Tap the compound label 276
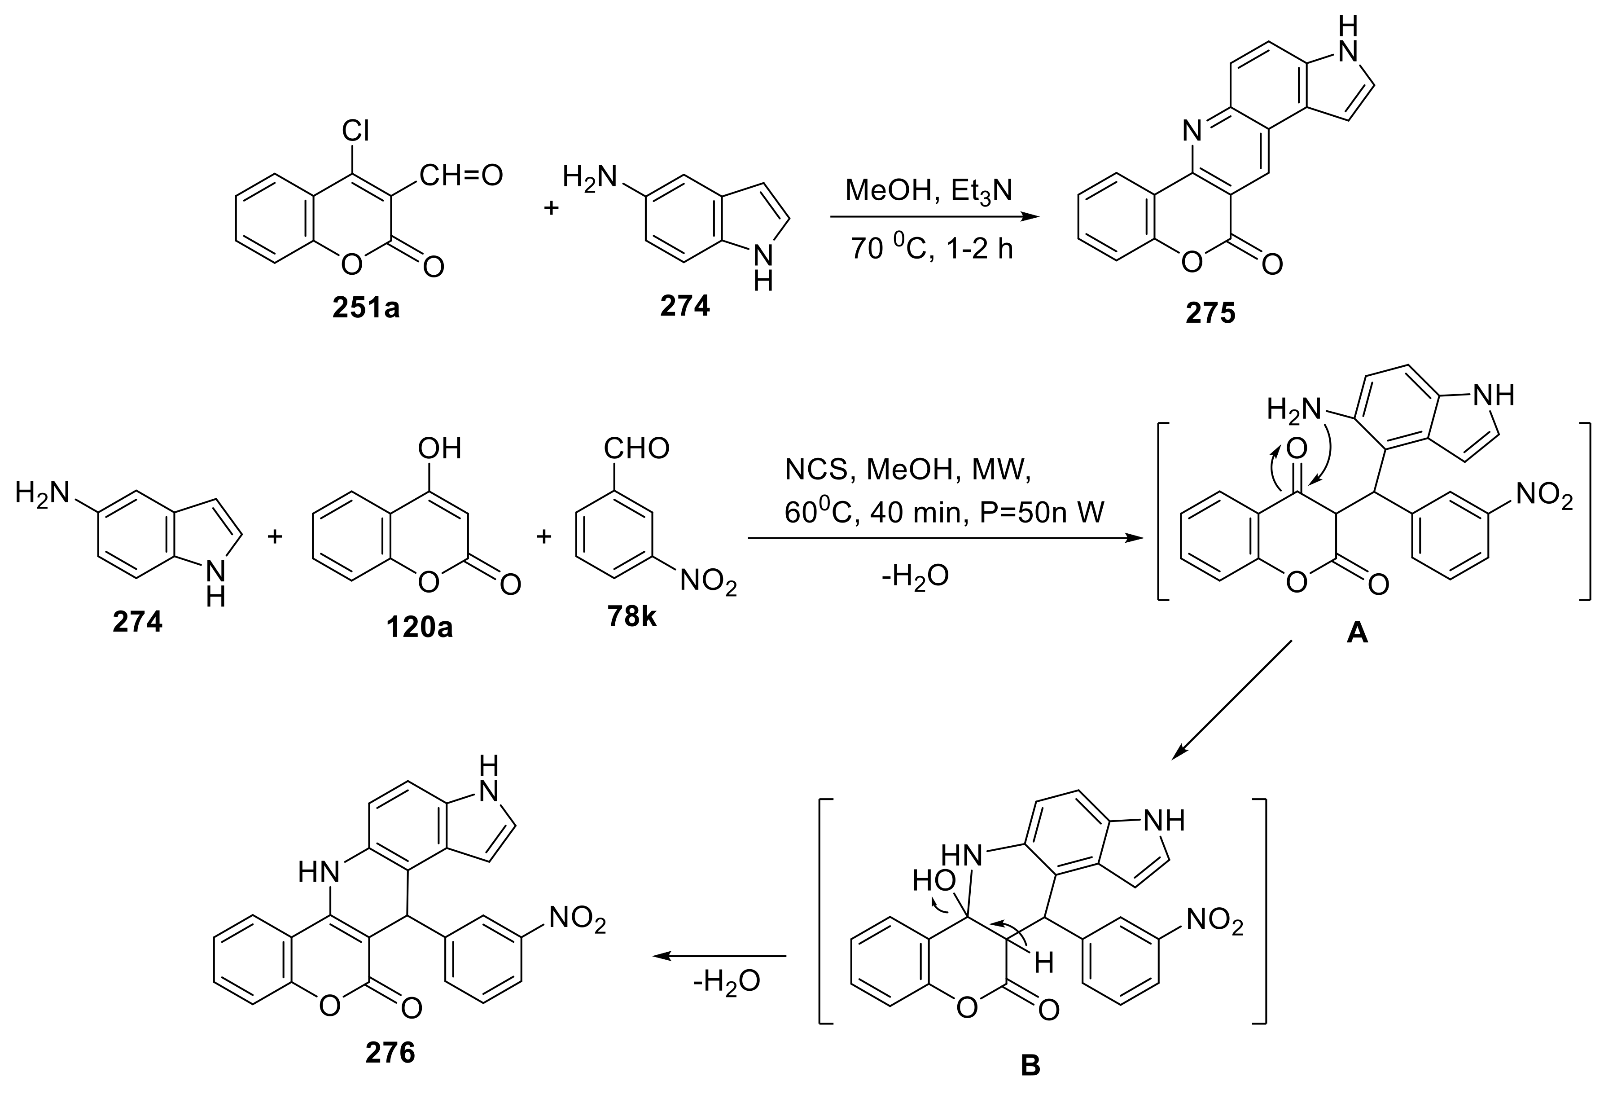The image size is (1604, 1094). point(390,1053)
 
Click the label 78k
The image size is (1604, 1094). point(631,616)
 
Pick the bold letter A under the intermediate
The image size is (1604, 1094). point(1357,632)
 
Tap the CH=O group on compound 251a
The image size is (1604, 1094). point(460,176)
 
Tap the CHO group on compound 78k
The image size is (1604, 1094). point(636,448)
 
